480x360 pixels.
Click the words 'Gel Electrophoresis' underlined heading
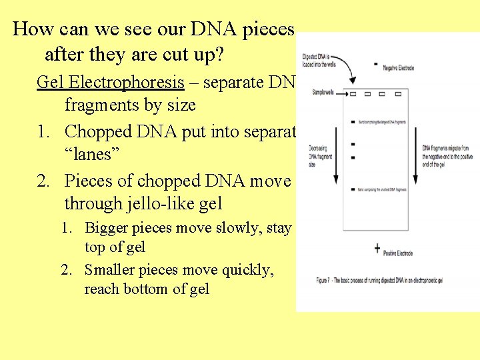coord(110,82)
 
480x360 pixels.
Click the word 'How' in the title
coord(29,29)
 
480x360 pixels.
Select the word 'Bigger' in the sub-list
coord(107,228)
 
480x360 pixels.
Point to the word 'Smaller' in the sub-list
coord(111,270)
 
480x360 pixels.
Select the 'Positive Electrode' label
coord(398,253)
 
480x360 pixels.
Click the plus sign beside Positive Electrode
coord(377,249)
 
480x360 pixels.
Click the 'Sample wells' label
coord(323,92)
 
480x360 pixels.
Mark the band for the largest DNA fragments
coord(352,122)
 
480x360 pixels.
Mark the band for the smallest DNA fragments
coord(352,190)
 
